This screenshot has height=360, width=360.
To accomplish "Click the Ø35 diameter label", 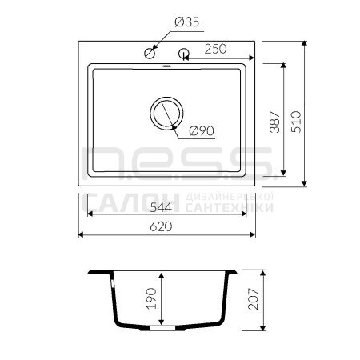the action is (x=187, y=22).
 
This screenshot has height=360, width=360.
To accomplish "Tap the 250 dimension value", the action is (x=215, y=49).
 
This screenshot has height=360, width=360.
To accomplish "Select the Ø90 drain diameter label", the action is (x=202, y=131).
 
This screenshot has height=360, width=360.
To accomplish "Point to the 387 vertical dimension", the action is (x=275, y=122).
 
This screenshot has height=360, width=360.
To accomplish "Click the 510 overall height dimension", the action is (x=296, y=122).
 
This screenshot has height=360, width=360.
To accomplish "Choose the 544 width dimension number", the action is (x=161, y=207).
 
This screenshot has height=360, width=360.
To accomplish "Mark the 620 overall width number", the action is (x=161, y=226).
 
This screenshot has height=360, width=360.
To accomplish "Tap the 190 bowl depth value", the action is (x=152, y=298).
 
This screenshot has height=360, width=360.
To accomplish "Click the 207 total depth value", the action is (x=253, y=298).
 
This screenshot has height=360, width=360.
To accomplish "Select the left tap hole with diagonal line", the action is (x=150, y=54).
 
